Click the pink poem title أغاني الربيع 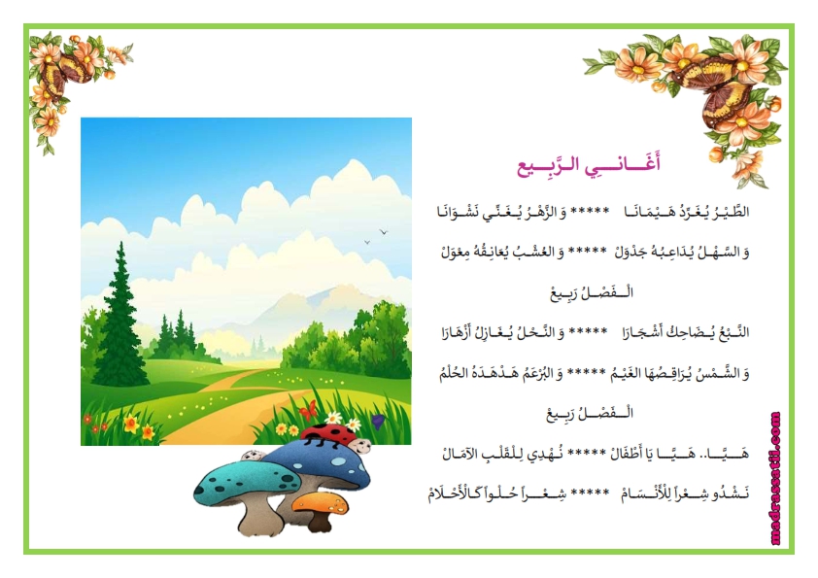589,165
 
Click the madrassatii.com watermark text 776,478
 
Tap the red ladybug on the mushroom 328,434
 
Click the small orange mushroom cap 320,503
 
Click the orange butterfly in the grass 308,410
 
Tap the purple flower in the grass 378,421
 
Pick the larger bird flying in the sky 384,231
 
